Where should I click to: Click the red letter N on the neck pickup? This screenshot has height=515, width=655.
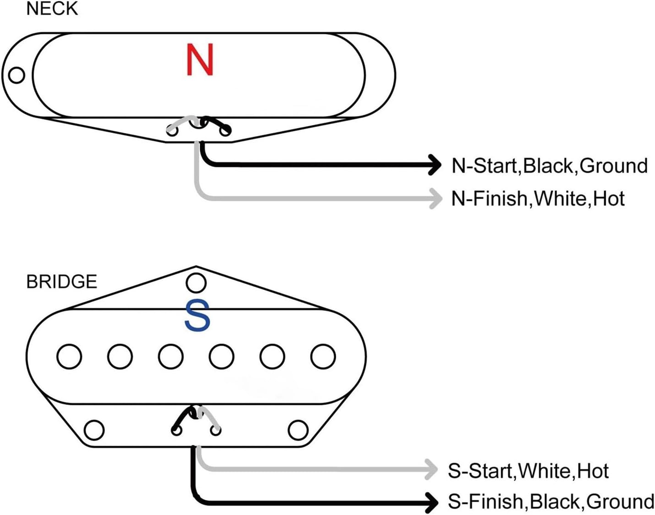pos(200,60)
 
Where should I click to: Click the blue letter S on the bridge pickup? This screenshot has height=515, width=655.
pos(197,316)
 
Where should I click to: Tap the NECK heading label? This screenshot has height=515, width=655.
pos(52,9)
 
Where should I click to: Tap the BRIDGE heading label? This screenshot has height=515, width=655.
pos(62,282)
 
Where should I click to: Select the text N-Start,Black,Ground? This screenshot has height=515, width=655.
pos(549,166)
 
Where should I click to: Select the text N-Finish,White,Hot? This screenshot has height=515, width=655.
pos(538,199)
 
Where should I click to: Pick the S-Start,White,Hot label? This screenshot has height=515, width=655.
pos(528,471)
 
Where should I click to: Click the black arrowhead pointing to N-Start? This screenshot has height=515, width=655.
pos(434,165)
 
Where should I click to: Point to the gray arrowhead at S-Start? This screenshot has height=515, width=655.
pos(431,469)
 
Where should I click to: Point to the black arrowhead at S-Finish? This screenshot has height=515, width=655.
pos(431,503)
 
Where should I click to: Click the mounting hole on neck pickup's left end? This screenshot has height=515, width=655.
pos(17,75)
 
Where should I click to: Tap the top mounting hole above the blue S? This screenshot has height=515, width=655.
pos(196,283)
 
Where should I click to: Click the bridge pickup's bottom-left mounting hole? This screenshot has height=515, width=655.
pos(94,430)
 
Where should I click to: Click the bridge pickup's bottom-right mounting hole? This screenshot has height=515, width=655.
pos(298,430)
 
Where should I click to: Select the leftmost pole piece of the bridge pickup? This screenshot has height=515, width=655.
pos(69,356)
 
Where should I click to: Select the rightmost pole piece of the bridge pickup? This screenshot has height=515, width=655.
pos(323,356)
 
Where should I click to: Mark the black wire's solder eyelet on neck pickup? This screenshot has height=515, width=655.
pos(225,131)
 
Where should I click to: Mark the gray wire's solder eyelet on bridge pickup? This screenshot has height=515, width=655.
pos(216,430)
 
